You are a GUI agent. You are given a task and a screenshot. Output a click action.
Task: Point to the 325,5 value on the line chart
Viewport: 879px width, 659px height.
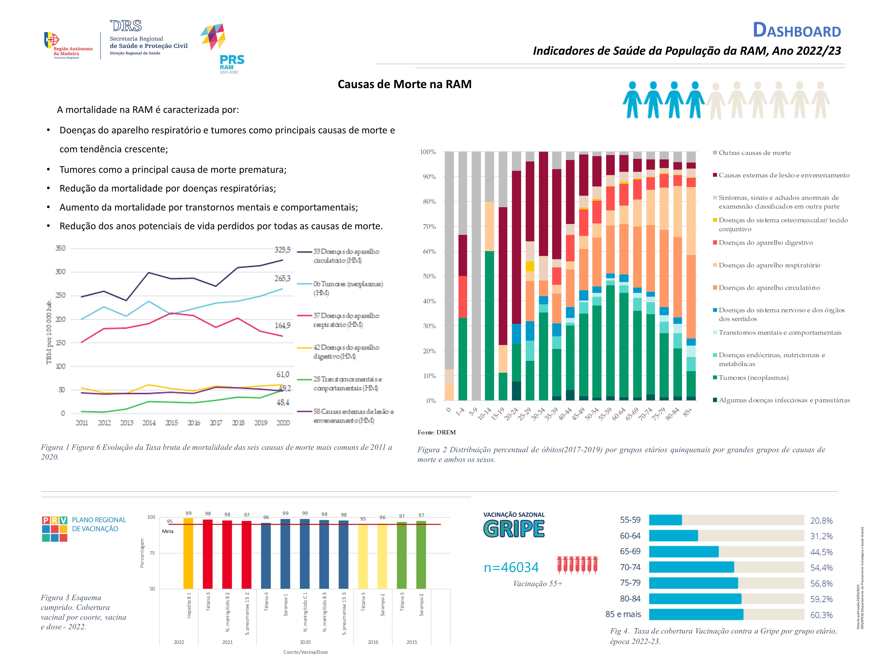[282, 250]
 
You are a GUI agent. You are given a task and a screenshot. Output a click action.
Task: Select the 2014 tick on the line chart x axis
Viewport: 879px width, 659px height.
[149, 423]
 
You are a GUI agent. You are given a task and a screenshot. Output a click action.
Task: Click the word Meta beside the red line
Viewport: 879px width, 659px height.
[168, 532]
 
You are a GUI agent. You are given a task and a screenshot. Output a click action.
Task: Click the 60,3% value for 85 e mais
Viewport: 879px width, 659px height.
[821, 615]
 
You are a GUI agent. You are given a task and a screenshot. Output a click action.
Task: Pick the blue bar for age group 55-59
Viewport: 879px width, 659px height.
[665, 520]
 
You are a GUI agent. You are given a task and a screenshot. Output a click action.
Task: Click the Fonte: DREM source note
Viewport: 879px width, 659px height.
[436, 432]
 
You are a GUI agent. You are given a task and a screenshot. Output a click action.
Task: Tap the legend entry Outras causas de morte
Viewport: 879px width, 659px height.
[754, 153]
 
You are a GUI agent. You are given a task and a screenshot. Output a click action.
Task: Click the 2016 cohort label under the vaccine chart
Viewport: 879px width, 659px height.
[373, 642]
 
